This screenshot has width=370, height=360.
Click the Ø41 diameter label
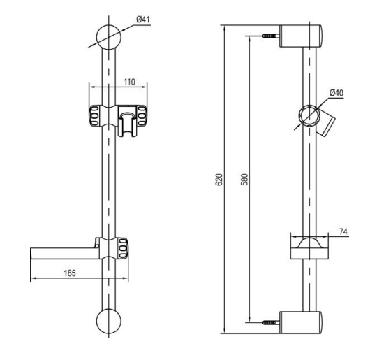(x=142, y=19)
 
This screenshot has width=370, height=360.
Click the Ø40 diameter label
(x=336, y=94)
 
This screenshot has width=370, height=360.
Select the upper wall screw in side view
(x=267, y=36)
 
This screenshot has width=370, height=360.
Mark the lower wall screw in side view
(x=267, y=322)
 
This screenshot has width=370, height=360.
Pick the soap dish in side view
(x=307, y=250)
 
